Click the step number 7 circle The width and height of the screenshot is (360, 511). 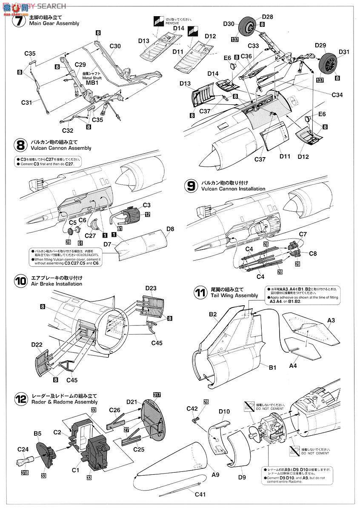[20, 20]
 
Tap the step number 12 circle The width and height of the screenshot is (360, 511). [20, 399]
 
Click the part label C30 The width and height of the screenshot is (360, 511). [115, 46]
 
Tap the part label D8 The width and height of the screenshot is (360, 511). [170, 229]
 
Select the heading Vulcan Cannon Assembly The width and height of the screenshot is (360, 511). [60, 148]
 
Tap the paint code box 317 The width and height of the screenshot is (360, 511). [157, 395]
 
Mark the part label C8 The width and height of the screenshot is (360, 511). [313, 253]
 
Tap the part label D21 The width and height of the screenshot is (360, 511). [131, 402]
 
